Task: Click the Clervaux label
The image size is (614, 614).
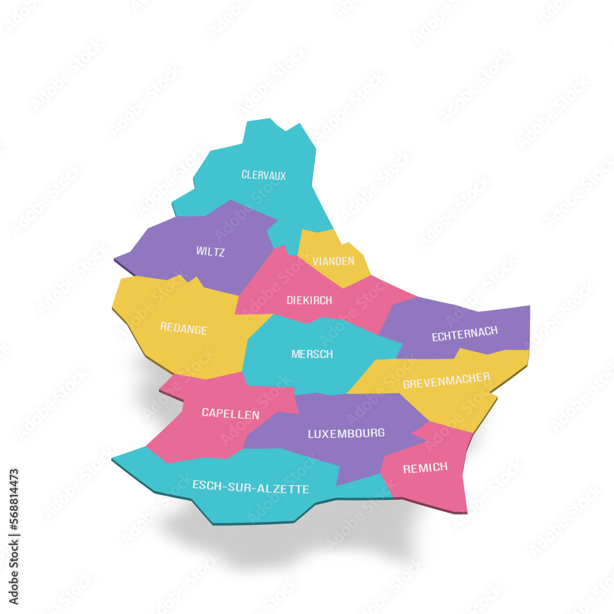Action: [x=263, y=175]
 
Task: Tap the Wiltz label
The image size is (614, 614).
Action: [x=210, y=252]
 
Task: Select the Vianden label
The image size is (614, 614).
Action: [x=333, y=261]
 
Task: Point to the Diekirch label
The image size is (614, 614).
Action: [x=309, y=300]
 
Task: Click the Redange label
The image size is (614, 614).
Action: [x=184, y=328]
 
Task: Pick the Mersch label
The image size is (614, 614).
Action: [x=312, y=354]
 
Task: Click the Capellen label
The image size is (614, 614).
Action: [x=230, y=414]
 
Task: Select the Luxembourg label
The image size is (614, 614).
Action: [x=346, y=433]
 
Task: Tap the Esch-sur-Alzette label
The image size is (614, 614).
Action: [x=251, y=488]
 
